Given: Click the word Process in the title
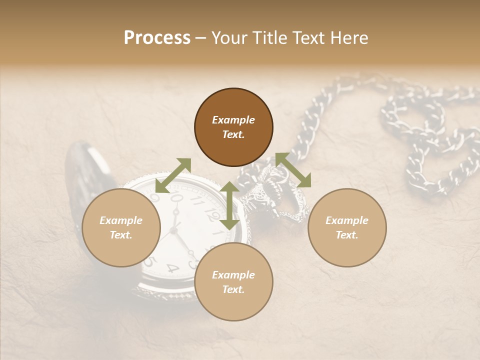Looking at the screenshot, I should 157,38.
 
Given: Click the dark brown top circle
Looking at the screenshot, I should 233,127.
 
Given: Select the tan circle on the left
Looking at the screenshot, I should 121,227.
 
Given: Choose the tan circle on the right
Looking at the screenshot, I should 347,227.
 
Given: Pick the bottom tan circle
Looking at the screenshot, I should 233,281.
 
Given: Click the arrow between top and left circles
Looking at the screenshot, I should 173,175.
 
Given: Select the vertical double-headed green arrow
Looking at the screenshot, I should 229,205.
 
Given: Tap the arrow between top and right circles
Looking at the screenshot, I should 293,170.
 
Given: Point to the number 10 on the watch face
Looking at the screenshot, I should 176,198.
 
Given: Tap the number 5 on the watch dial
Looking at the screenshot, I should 148,261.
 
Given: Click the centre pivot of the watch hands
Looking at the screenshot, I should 174,229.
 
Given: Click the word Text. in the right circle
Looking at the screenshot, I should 347,234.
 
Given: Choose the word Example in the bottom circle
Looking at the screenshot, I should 233,274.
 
